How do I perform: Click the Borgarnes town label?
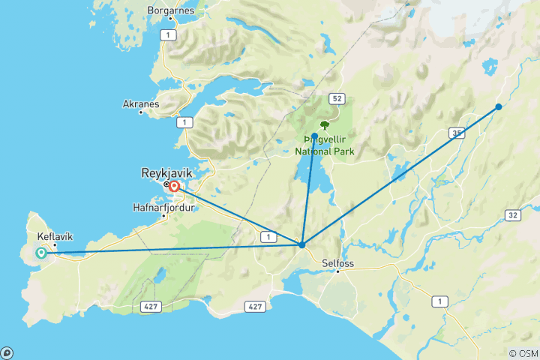pos(172,11)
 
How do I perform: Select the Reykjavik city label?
pos(166,172)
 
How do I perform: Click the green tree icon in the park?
pos(325,125)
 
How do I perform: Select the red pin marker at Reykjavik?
pos(174,187)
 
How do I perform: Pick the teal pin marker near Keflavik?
pos(40,253)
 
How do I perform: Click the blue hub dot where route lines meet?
pos(301,244)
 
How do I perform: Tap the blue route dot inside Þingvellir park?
pos(314,136)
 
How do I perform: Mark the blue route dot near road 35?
pos(498,107)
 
